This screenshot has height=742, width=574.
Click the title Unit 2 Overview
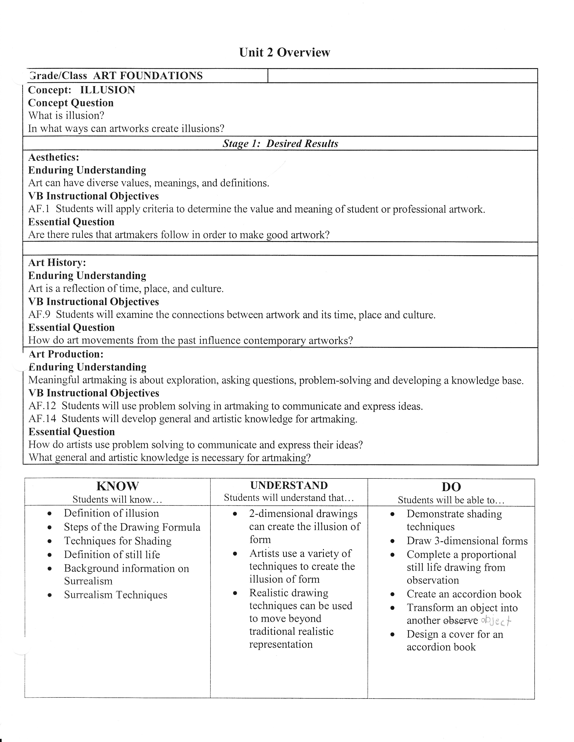point(284,52)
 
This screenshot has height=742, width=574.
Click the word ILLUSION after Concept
point(107,90)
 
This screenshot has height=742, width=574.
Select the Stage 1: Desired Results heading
point(280,143)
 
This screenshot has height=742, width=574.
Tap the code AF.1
point(39,209)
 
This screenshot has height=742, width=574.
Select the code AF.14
point(42,419)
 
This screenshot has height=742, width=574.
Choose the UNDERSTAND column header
point(289,485)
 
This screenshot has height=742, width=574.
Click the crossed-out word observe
point(461,621)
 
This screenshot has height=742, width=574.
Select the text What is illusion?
point(66,116)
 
